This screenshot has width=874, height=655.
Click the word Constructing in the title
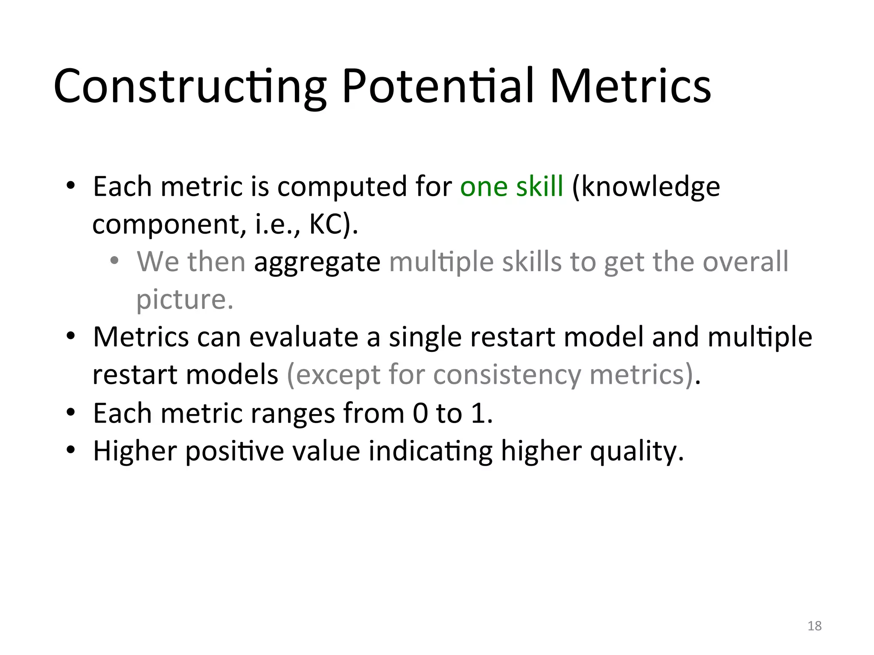(190, 87)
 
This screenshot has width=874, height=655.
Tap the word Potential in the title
(438, 87)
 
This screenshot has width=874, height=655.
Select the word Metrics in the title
(630, 87)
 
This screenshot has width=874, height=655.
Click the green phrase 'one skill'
(512, 187)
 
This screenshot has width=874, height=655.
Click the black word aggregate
(317, 262)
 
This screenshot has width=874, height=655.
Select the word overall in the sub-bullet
(745, 261)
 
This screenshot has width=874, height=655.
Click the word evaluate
(303, 337)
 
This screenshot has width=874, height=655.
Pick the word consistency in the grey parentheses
(507, 374)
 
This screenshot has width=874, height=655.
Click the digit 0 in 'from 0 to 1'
(420, 413)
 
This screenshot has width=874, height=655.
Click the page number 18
(814, 626)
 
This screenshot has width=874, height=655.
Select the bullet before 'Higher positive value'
(71, 450)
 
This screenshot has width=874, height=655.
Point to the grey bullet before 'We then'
(114, 261)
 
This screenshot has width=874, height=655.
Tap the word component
(169, 225)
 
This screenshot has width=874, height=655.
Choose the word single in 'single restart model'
(425, 337)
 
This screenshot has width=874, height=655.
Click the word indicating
(430, 451)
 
